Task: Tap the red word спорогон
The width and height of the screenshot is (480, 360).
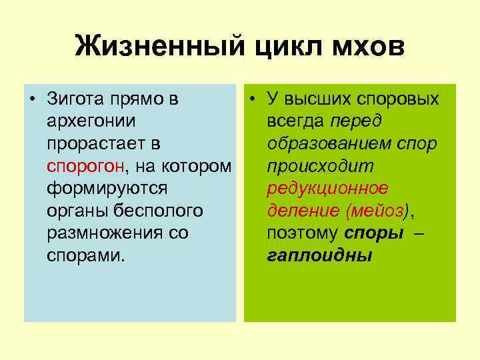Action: pos(79,166)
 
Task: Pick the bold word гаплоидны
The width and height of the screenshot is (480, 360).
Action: pos(319,255)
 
